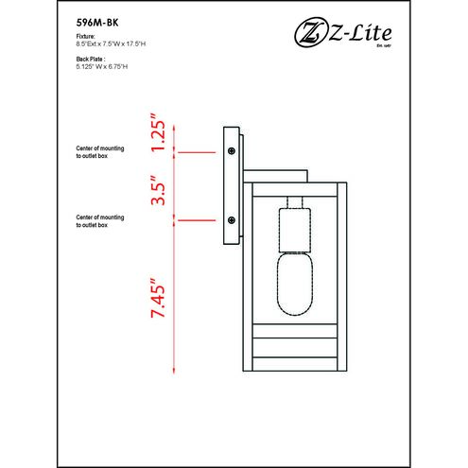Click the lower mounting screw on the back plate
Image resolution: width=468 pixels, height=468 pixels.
coord(232,220)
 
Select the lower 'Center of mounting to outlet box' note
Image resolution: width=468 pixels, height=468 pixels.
coord(103,222)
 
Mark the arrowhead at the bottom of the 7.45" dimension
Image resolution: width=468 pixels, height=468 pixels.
coord(174,367)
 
